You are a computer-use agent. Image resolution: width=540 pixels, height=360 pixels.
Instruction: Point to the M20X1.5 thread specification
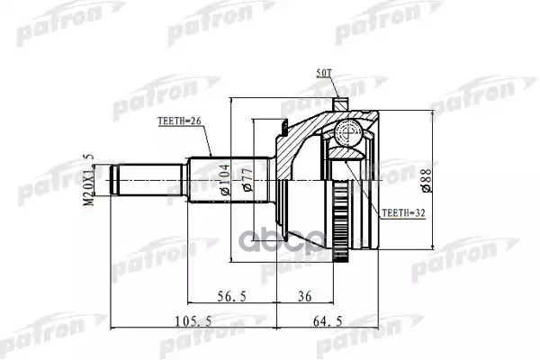(x=88, y=179)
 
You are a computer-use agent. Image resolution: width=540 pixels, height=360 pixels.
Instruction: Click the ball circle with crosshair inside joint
(x=345, y=136)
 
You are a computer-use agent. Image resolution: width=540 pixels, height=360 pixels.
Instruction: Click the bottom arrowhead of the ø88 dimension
(x=433, y=243)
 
